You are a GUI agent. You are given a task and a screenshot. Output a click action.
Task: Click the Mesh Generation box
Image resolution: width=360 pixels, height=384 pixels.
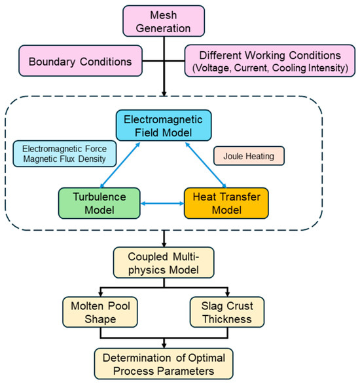(x=164, y=21)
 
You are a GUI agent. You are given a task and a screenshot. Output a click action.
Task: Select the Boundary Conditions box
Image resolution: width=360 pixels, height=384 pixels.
(x=81, y=61)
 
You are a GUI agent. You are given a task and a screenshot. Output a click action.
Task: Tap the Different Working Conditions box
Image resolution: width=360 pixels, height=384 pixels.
(x=270, y=61)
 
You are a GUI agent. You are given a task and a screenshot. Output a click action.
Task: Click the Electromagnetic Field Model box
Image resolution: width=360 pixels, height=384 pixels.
(x=164, y=125)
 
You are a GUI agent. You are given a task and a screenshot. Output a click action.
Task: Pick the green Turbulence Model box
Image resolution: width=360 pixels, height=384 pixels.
(x=99, y=203)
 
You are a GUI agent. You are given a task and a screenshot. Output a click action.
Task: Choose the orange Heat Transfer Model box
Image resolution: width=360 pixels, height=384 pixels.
(x=226, y=203)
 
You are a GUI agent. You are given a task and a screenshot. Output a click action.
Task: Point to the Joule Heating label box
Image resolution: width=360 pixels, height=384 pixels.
(x=249, y=156)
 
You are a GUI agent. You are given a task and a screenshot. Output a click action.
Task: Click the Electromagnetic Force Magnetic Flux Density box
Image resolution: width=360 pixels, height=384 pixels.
(x=65, y=154)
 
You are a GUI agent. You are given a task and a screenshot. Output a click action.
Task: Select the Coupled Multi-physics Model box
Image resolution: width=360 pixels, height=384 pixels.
(x=164, y=263)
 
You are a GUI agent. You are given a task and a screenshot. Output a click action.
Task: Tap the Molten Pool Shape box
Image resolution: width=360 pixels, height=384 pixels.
(x=100, y=312)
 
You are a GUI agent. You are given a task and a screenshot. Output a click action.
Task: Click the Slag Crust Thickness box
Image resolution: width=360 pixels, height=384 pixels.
(x=227, y=312)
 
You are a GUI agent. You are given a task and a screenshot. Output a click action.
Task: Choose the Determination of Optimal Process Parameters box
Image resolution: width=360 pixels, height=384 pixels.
(x=164, y=364)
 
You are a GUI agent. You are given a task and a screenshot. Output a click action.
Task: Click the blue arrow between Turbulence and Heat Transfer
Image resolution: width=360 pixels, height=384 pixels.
(x=162, y=203)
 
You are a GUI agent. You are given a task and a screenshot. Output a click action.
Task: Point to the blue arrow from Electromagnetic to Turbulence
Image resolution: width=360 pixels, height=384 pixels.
(x=120, y=165)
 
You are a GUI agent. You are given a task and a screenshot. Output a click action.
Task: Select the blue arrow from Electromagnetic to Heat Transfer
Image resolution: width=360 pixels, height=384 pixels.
(x=206, y=165)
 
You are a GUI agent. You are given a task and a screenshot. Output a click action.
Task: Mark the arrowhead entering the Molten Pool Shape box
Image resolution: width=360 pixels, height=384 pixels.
(x=101, y=294)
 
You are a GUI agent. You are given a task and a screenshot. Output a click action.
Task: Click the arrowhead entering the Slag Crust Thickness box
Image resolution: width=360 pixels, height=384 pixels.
(x=227, y=294)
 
